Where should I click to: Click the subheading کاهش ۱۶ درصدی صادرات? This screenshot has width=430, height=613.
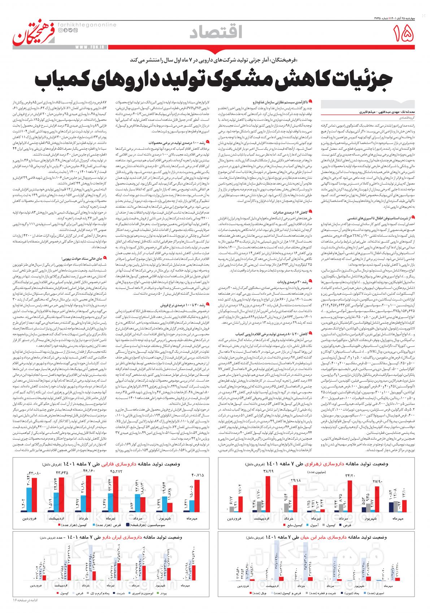point(295,212)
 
